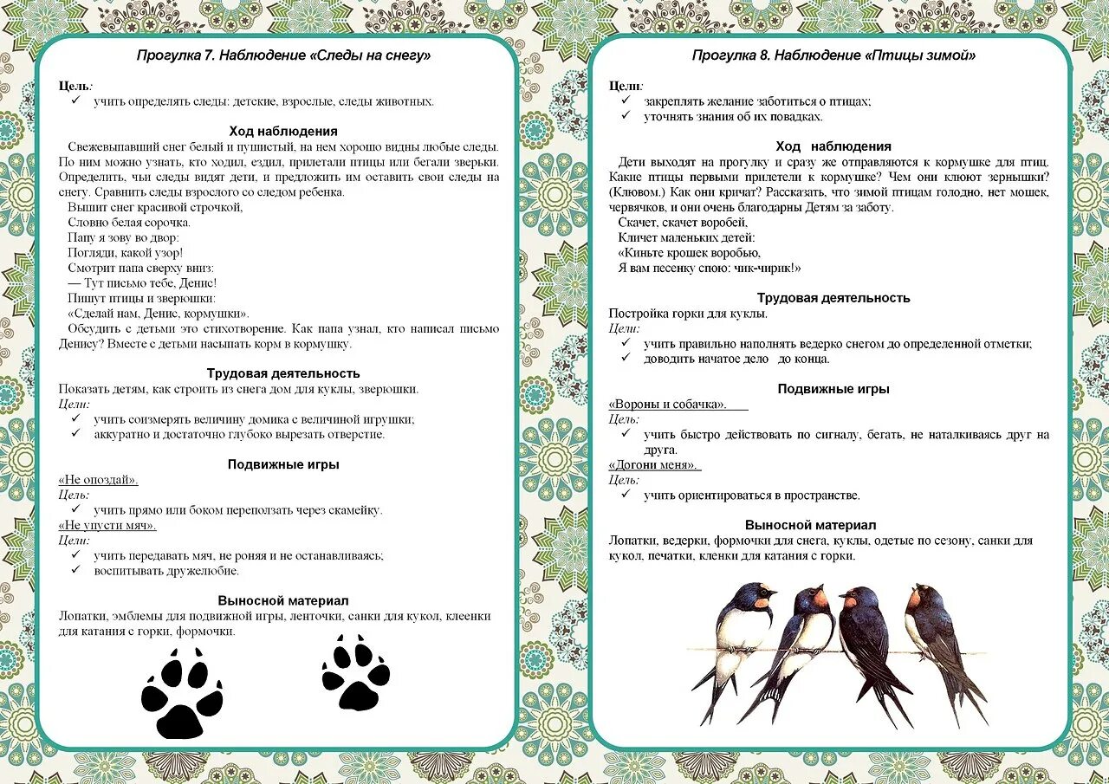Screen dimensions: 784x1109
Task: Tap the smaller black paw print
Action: pos(355,672)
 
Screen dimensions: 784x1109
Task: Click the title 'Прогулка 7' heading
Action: pos(283,56)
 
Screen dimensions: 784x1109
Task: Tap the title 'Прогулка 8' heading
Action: pos(833,55)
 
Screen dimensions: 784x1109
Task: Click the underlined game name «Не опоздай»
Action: pos(99,480)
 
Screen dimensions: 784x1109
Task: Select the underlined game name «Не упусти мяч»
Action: pos(107,525)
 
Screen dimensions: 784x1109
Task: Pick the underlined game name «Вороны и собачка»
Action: pos(667,404)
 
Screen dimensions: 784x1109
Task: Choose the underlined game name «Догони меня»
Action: pos(653,464)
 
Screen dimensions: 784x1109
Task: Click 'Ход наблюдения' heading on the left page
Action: pos(283,132)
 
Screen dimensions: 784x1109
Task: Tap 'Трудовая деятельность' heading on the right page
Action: pos(833,298)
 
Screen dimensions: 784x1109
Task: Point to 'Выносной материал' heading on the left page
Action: pos(283,600)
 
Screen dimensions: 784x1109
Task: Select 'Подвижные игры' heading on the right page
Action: pos(833,389)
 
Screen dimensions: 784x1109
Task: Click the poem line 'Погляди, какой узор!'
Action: pos(126,253)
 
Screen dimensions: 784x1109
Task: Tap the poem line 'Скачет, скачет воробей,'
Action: pos(683,223)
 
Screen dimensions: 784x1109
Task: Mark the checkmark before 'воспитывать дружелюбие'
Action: pos(76,570)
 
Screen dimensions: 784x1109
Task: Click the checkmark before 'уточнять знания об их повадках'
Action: pos(626,116)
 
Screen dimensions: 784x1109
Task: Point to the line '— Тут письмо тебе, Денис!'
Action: pos(142,283)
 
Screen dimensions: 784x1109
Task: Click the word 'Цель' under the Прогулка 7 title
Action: pos(75,86)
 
